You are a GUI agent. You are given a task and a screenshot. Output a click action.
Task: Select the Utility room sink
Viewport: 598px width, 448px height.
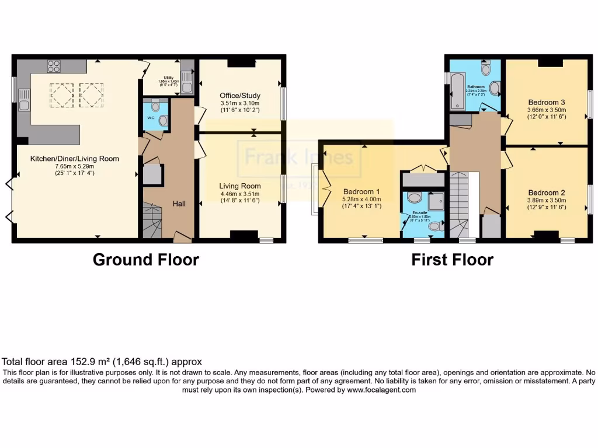[x=187, y=84]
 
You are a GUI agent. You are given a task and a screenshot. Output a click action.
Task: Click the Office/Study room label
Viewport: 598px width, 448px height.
[x=240, y=96]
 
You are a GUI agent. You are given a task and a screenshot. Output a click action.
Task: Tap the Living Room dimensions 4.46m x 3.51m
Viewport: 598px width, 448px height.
[x=240, y=194]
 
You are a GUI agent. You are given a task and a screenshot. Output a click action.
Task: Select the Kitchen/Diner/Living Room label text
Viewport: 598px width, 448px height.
[x=76, y=158]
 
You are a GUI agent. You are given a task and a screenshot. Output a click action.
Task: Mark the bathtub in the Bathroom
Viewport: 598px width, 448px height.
[x=456, y=90]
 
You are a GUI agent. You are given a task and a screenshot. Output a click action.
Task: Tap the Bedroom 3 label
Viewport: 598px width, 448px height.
[x=546, y=100]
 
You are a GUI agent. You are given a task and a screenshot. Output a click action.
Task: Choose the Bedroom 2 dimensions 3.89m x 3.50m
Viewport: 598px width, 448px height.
[x=546, y=199]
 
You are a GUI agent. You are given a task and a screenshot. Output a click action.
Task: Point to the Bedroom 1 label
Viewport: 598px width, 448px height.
[x=361, y=191]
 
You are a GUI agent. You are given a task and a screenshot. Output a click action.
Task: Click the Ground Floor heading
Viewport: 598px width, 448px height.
[x=145, y=260]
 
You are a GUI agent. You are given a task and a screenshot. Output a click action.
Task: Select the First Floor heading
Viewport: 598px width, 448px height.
[x=452, y=260]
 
